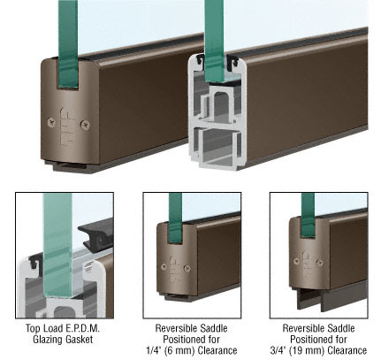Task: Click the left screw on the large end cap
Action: point(51,122)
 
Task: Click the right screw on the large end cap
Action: point(86,125)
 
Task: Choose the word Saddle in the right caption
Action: point(340,328)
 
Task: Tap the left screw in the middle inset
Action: point(164,266)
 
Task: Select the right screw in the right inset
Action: point(319,262)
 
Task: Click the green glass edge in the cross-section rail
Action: point(215,42)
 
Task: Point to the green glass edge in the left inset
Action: point(57,245)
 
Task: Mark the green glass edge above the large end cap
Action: point(68,44)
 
